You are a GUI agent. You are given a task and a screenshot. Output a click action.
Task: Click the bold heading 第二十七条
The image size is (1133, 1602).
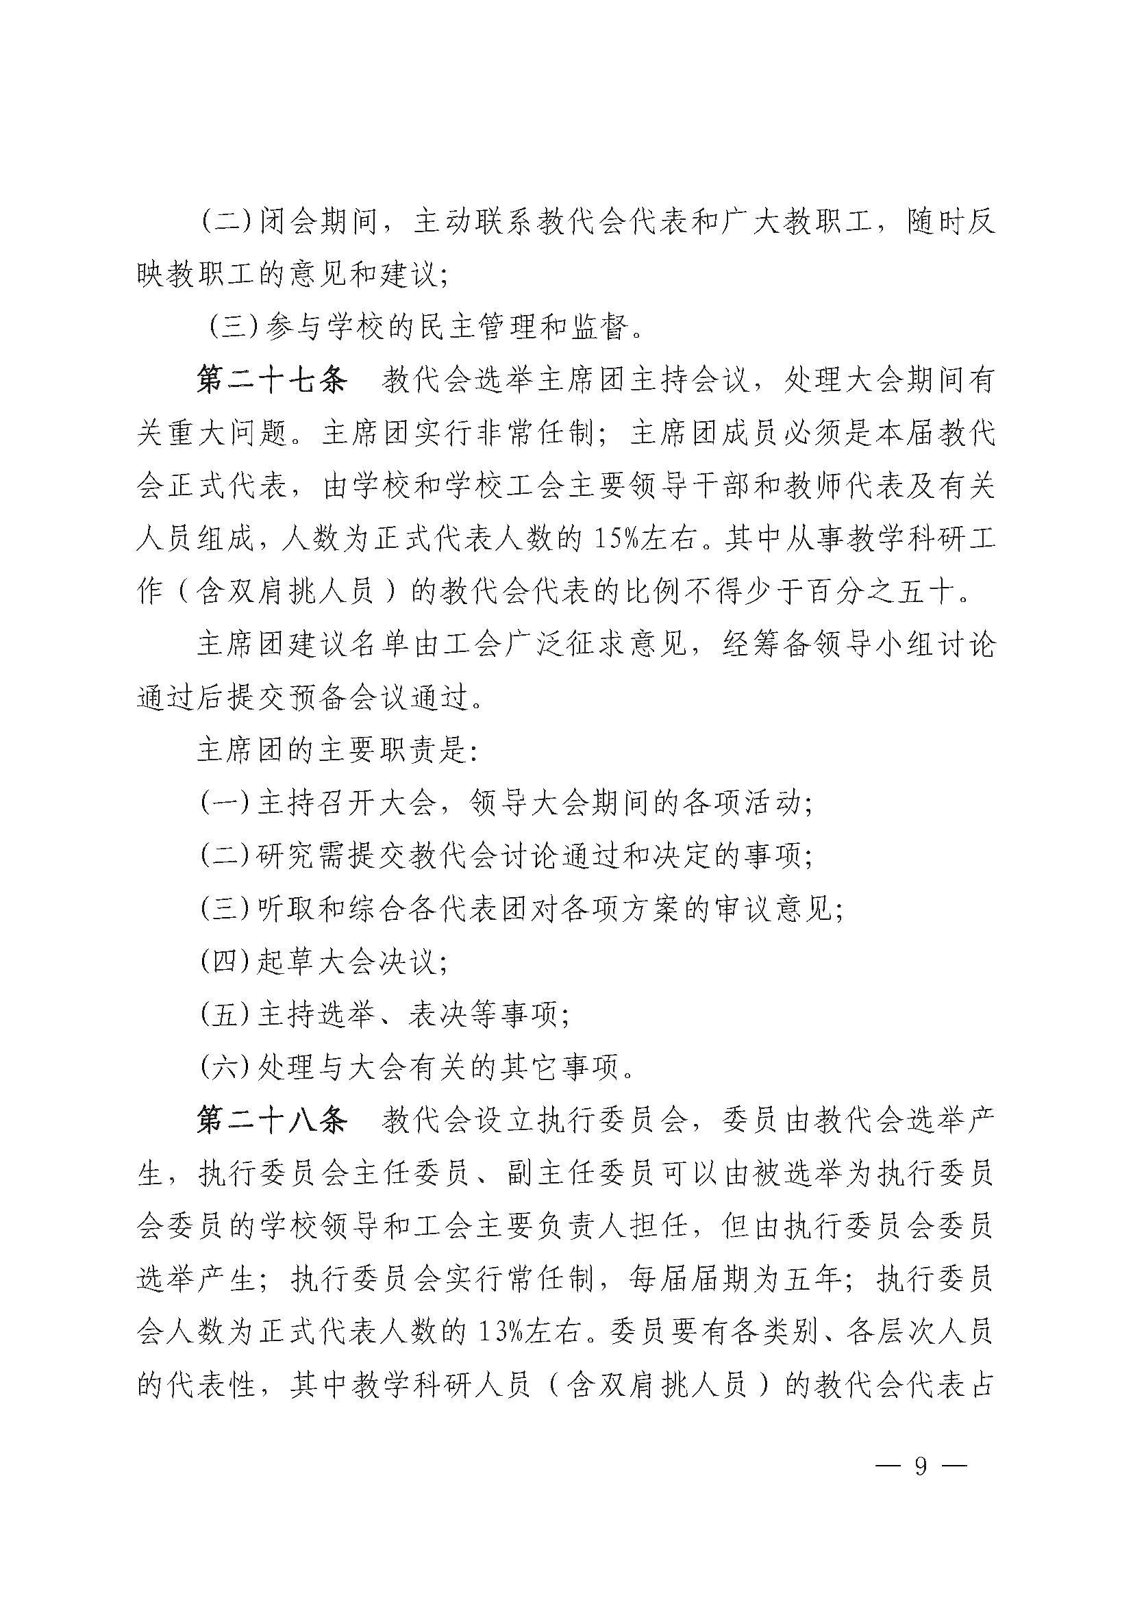pos(271,381)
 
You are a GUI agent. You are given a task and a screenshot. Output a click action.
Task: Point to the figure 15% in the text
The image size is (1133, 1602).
pos(614,539)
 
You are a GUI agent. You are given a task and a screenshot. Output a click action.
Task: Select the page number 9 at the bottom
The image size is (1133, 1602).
pos(921,1466)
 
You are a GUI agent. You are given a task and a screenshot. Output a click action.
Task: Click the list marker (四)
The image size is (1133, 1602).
pos(225,962)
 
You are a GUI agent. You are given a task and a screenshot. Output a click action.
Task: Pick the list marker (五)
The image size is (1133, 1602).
pos(225,1015)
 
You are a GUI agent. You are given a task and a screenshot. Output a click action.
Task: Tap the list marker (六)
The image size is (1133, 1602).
pos(225,1068)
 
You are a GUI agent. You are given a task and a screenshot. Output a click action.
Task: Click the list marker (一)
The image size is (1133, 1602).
pos(225,804)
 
